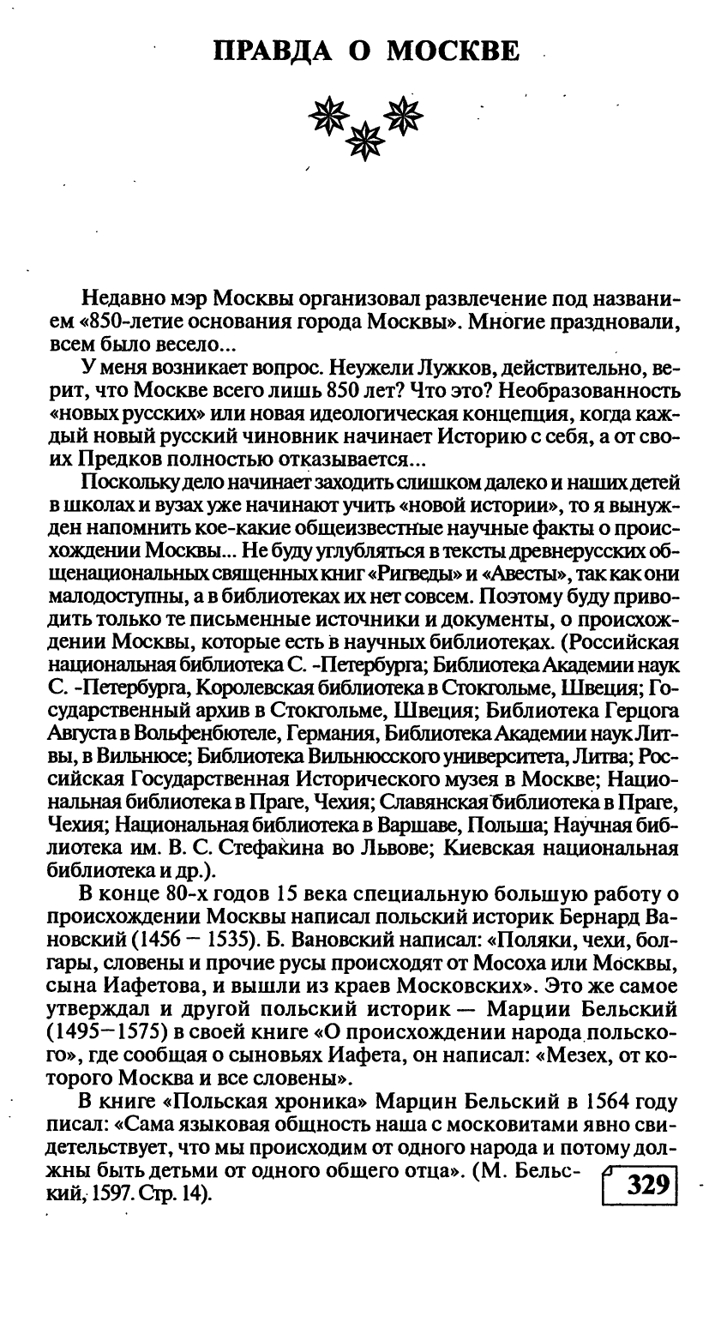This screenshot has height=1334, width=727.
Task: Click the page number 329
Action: click(x=647, y=1186)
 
